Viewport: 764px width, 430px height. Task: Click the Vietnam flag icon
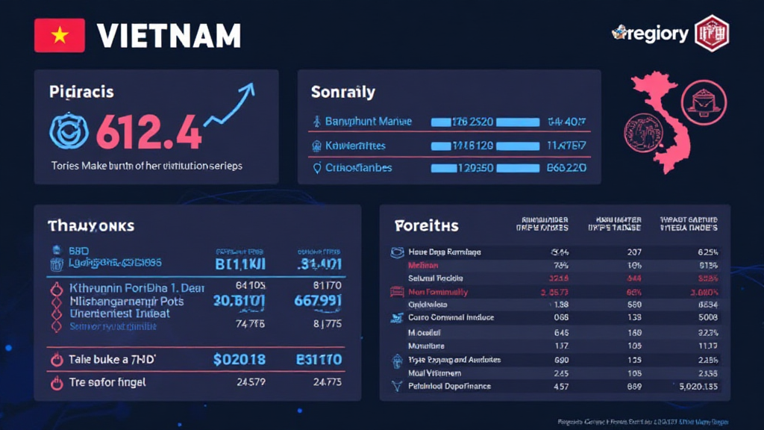pyautogui.click(x=58, y=35)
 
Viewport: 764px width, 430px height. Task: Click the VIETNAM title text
pyautogui.click(x=169, y=35)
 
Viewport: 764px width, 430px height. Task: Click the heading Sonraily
pyautogui.click(x=342, y=93)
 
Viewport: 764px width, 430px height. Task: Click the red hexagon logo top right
pyautogui.click(x=711, y=33)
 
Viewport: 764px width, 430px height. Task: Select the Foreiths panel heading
pyautogui.click(x=426, y=225)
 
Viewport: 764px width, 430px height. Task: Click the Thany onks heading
pyautogui.click(x=91, y=225)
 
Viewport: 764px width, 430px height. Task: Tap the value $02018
pyautogui.click(x=239, y=360)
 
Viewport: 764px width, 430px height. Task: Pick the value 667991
pyautogui.click(x=319, y=301)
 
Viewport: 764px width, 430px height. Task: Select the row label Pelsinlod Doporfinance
pyautogui.click(x=449, y=386)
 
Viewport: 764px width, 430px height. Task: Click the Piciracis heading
pyautogui.click(x=81, y=93)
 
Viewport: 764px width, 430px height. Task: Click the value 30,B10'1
pyautogui.click(x=239, y=301)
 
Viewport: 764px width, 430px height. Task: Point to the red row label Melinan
pyautogui.click(x=423, y=265)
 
